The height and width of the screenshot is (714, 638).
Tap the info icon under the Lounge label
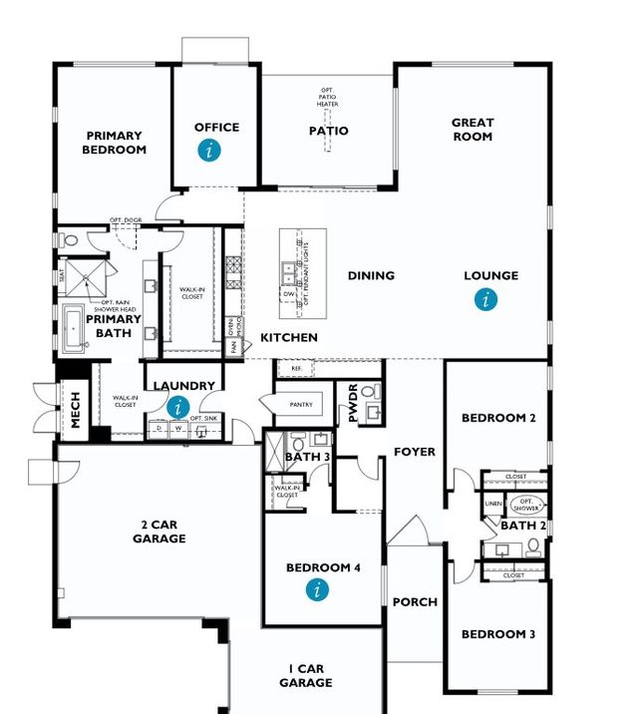coord(485,298)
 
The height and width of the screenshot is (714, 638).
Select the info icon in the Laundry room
coord(177,407)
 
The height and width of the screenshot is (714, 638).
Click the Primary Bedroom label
coord(116,143)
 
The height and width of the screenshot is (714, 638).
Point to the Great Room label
coord(473,130)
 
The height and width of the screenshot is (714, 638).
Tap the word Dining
coord(371,275)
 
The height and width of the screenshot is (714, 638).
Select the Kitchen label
coord(289,338)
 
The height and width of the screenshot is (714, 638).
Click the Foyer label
coord(415,452)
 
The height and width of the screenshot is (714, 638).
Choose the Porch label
coord(415,601)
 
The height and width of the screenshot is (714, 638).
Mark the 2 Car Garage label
coord(159,532)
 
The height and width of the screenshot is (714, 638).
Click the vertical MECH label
coord(75,409)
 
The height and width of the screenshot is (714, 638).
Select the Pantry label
coord(301,405)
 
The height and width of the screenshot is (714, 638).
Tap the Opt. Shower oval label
coord(527,504)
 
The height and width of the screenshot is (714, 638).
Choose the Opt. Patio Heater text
coord(328,97)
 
